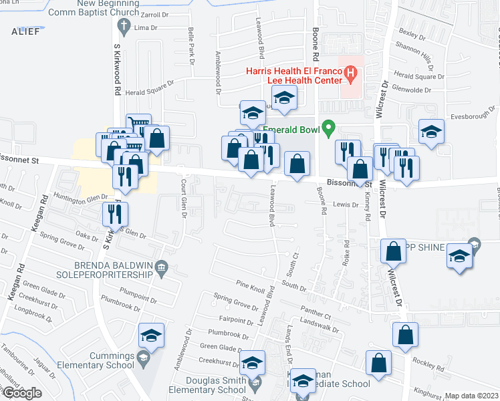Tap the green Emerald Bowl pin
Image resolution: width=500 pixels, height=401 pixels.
pyautogui.click(x=328, y=126)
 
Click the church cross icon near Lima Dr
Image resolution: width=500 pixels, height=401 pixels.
pyautogui.click(x=122, y=27)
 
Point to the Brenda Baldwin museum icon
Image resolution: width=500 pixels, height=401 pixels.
pyautogui.click(x=161, y=269)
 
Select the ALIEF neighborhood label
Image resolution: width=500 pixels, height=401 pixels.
pyautogui.click(x=25, y=31)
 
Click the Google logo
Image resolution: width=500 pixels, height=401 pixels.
pyautogui.click(x=21, y=392)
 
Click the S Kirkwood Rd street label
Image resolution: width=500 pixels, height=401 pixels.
pyautogui.click(x=116, y=74)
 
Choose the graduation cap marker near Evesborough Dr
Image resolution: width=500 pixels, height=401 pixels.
pyautogui.click(x=431, y=132)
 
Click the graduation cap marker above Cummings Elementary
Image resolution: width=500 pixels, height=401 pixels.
pyautogui.click(x=151, y=336)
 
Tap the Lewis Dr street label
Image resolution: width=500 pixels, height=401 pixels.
pyautogui.click(x=347, y=205)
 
